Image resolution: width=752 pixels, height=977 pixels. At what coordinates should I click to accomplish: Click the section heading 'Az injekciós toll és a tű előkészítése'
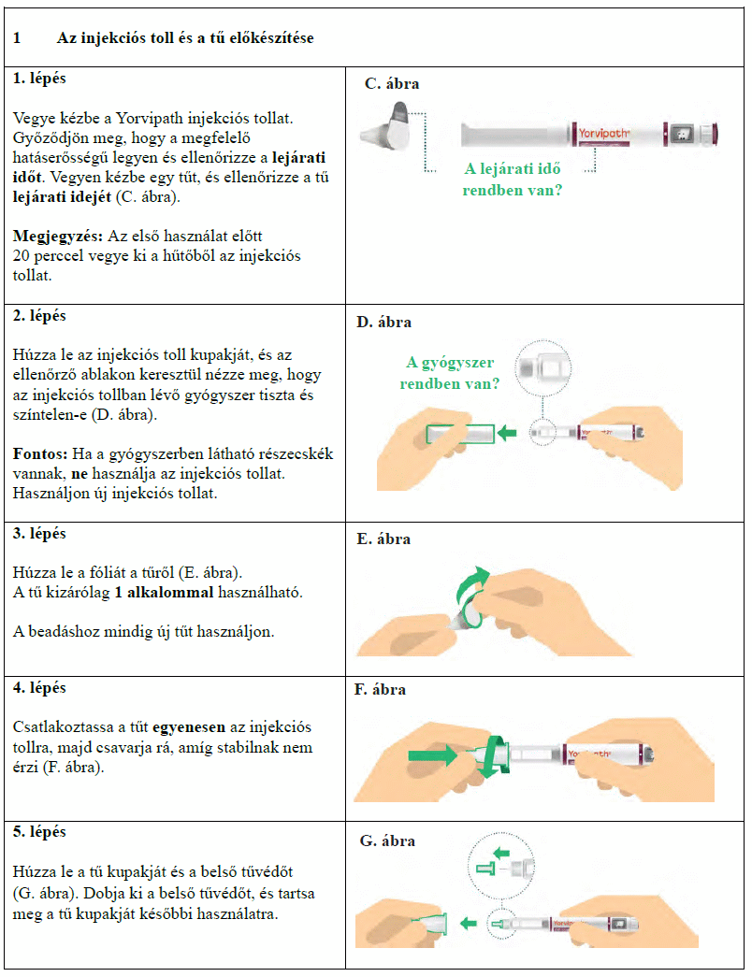tap(185, 38)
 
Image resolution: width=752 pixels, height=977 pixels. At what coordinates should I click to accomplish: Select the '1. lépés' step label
tap(40, 79)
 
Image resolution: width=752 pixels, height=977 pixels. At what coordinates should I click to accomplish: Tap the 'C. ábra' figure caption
tap(392, 84)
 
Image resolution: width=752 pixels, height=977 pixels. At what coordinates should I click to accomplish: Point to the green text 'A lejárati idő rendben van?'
tap(513, 180)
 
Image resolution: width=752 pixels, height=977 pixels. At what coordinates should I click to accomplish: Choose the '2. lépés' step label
tap(40, 315)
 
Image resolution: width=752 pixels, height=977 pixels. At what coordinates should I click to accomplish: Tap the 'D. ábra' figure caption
tap(384, 323)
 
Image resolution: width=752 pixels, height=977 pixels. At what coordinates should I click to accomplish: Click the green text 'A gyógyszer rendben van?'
tap(450, 373)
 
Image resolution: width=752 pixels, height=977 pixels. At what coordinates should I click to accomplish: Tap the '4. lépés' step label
tap(40, 687)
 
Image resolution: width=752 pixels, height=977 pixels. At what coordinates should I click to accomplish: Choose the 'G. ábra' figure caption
tap(387, 841)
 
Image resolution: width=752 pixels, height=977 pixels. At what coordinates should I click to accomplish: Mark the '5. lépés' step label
tap(40, 831)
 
